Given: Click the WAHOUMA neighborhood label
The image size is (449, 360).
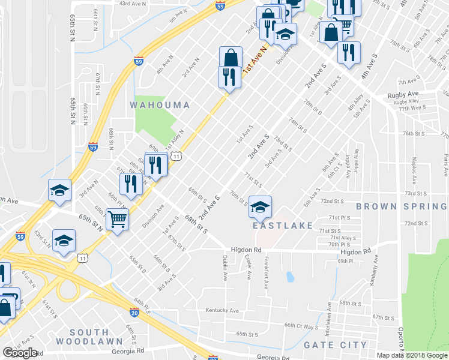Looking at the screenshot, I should [160, 105].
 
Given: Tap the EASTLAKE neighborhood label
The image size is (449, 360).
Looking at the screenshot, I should [283, 226].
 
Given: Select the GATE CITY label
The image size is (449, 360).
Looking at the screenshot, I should [335, 345].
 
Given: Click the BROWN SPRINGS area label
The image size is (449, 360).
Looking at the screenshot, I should [402, 206].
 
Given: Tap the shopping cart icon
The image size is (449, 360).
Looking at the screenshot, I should [117, 219].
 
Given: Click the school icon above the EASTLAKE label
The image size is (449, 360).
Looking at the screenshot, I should [259, 207].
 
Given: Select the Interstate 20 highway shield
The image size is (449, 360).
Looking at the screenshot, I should [134, 312].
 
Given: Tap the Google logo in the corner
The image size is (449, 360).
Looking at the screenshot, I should [20, 353].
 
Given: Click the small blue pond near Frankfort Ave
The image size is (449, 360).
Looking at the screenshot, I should [290, 277].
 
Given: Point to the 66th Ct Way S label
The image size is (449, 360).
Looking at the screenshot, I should [301, 326].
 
